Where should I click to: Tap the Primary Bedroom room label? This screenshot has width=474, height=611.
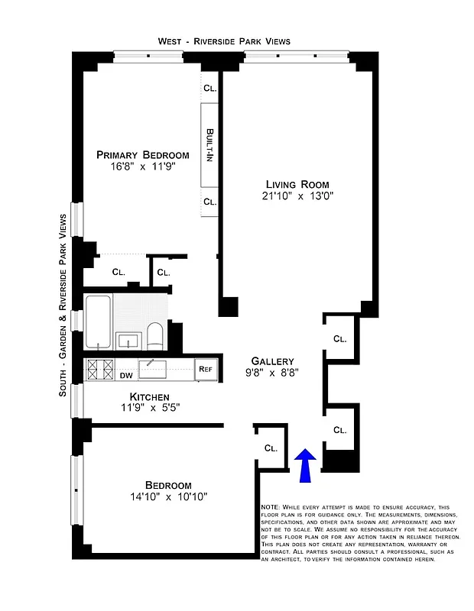pyautogui.click(x=142, y=155)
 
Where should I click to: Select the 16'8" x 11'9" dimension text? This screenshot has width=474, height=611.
pyautogui.click(x=142, y=168)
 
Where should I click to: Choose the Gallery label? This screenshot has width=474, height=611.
pyautogui.click(x=272, y=361)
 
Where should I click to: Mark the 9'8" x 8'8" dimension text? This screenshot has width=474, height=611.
pyautogui.click(x=272, y=373)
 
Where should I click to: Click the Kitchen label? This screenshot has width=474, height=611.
pyautogui.click(x=149, y=396)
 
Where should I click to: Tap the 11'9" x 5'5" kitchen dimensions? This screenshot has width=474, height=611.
pyautogui.click(x=149, y=408)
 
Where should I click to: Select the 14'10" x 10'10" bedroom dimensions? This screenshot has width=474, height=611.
pyautogui.click(x=168, y=497)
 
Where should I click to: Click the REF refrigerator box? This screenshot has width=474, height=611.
pyautogui.click(x=205, y=370)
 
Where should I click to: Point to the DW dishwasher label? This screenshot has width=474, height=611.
pyautogui.click(x=127, y=375)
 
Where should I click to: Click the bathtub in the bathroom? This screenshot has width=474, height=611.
pyautogui.click(x=99, y=322)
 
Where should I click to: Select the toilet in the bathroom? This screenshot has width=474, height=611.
pyautogui.click(x=154, y=335)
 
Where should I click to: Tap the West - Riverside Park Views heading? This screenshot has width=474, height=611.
pyautogui.click(x=224, y=40)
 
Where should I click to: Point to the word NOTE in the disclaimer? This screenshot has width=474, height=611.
pyautogui.click(x=270, y=508)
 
